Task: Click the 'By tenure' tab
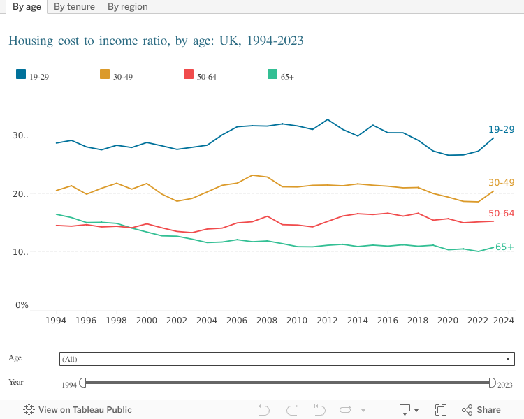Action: pyautogui.click(x=74, y=7)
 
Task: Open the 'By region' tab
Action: pyautogui.click(x=127, y=7)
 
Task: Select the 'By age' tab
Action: pyautogui.click(x=27, y=7)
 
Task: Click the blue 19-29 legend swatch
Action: pyautogui.click(x=21, y=74)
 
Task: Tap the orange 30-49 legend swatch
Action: pyautogui.click(x=105, y=74)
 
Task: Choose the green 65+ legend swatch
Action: pyautogui.click(x=272, y=74)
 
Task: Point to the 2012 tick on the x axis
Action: pyautogui.click(x=327, y=320)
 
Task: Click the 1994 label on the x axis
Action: pyautogui.click(x=56, y=320)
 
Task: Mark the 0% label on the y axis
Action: pyautogui.click(x=22, y=305)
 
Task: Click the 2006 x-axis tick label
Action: pyautogui.click(x=237, y=320)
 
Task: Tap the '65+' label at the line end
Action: pyautogui.click(x=504, y=247)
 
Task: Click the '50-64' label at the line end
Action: pyautogui.click(x=501, y=213)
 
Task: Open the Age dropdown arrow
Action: pyautogui.click(x=508, y=358)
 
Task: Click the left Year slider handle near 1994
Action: pyautogui.click(x=83, y=383)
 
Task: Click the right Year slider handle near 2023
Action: pyautogui.click(x=492, y=383)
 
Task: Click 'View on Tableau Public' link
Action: pyautogui.click(x=78, y=410)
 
